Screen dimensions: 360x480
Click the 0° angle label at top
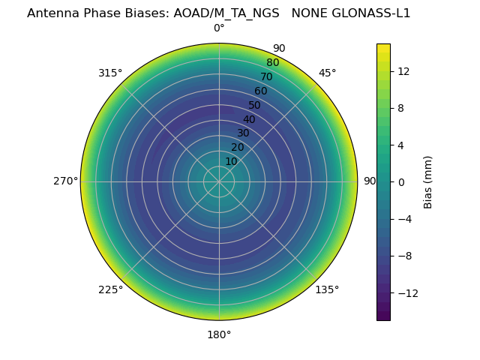(x=219, y=28)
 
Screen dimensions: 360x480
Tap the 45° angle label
(x=327, y=73)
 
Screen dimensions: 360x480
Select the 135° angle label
(x=327, y=289)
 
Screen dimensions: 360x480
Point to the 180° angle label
(x=219, y=334)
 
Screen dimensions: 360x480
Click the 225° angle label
(x=110, y=289)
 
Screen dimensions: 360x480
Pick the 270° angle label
(x=66, y=181)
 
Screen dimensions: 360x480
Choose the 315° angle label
(x=110, y=73)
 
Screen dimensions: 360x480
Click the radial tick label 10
(x=231, y=161)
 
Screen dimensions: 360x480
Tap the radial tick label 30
(x=243, y=133)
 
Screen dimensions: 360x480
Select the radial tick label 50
(x=255, y=105)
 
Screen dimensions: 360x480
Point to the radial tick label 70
(x=266, y=76)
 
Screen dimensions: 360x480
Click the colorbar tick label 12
(x=404, y=70)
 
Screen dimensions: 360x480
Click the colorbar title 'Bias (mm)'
(x=428, y=181)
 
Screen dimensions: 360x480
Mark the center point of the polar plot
(x=219, y=181)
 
